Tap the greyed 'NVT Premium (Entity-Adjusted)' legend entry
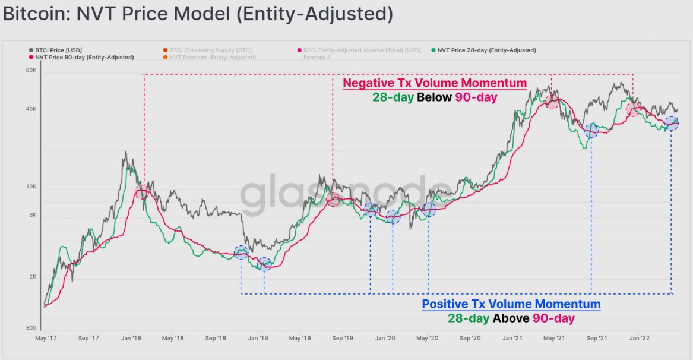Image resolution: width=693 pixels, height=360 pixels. [212, 57]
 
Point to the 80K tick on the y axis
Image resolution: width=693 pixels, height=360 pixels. [31, 71]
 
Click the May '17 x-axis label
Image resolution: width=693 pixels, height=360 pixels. [46, 339]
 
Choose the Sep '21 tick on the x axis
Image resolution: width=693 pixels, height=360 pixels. [597, 339]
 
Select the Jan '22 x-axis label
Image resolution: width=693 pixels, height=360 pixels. [639, 339]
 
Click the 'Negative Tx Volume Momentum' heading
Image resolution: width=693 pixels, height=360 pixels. [435, 83]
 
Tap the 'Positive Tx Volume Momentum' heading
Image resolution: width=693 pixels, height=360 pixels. [511, 304]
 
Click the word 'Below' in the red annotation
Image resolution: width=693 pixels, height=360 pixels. [435, 97]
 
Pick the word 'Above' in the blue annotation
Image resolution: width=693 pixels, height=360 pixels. [511, 318]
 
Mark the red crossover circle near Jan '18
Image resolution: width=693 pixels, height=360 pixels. [142, 191]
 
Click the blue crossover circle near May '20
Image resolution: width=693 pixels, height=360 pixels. [429, 209]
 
